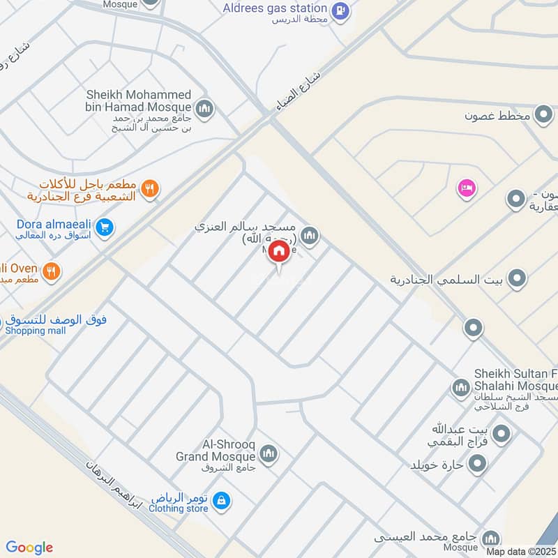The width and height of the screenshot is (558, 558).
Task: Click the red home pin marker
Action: click(x=278, y=252)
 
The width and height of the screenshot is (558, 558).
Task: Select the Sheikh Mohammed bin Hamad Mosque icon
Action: click(x=204, y=108)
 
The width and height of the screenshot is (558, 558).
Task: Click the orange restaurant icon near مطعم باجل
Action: click(x=149, y=188)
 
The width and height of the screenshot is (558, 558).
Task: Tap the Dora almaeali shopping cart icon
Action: click(x=105, y=227)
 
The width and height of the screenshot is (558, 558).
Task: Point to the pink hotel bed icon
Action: click(x=465, y=188)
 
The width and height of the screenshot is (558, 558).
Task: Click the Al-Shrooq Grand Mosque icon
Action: click(x=270, y=455)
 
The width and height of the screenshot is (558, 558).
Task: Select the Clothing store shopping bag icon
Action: click(x=220, y=501)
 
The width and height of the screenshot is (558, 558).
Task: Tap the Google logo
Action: click(x=29, y=548)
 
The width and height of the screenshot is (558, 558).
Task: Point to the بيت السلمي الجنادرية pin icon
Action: click(x=517, y=279)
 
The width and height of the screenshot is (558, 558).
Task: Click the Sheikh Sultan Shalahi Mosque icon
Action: click(x=460, y=387)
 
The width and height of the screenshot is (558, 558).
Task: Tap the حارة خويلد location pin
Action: click(x=477, y=463)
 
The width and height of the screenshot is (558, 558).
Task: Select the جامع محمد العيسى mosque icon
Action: click(x=491, y=538)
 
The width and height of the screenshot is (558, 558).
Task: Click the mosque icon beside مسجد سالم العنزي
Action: click(x=310, y=236)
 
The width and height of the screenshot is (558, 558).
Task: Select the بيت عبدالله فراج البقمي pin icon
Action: click(x=500, y=435)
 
